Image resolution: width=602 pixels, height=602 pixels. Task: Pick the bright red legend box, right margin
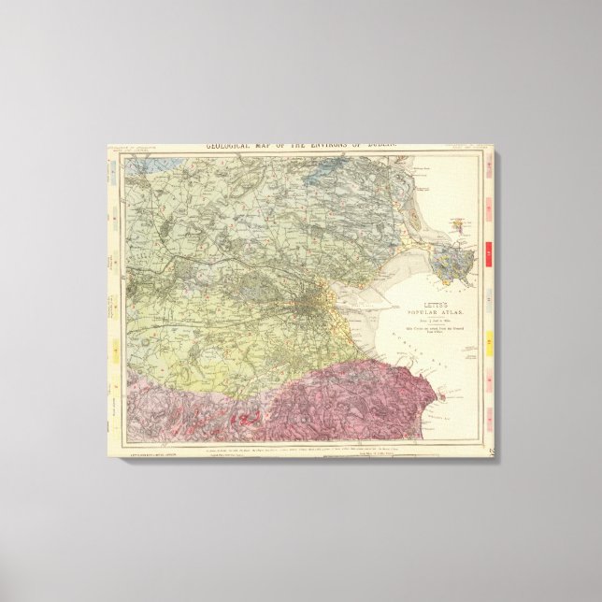(x=490, y=251)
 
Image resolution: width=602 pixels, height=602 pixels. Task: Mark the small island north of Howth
(x=457, y=222)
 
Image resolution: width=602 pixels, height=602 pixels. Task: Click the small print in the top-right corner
(x=464, y=148)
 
